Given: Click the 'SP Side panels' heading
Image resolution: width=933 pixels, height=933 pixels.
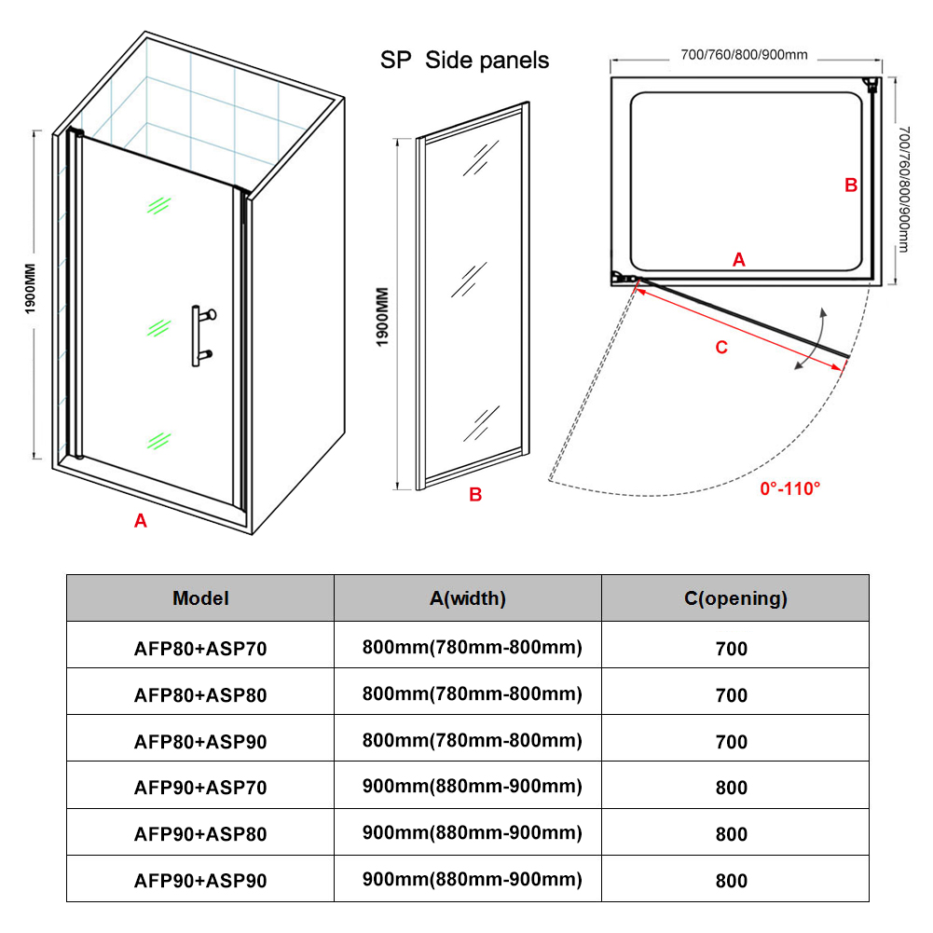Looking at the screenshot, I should click(x=464, y=61).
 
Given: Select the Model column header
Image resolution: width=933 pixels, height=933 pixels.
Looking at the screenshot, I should click(x=200, y=598).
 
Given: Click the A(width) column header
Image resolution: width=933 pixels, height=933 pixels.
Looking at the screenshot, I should click(x=467, y=598).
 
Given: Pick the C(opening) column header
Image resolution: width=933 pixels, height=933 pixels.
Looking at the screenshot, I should click(x=735, y=598).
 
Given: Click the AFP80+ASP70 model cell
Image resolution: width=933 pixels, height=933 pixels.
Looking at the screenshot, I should click(x=200, y=648).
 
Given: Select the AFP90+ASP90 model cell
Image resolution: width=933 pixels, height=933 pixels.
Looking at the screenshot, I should click(x=200, y=880).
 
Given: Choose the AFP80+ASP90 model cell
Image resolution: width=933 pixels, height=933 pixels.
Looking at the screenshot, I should click(x=200, y=741).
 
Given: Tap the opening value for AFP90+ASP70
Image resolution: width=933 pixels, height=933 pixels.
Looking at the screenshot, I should click(x=731, y=788).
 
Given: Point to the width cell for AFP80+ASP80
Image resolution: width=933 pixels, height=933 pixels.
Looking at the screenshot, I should click(x=472, y=694).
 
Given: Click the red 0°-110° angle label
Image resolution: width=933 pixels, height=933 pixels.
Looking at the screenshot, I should click(x=790, y=487).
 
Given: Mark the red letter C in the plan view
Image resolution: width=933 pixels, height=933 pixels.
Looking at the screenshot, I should click(x=720, y=348).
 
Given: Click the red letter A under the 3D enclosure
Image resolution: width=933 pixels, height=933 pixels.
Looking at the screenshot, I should click(x=141, y=521).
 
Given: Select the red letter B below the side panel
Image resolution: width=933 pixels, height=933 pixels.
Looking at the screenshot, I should click(x=474, y=495).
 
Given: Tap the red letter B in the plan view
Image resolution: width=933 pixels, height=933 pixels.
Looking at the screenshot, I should click(x=850, y=185).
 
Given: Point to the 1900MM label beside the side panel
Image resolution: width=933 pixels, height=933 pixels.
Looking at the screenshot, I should click(x=383, y=316).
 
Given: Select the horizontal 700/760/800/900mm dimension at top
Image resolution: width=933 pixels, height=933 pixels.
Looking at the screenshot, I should click(x=744, y=54).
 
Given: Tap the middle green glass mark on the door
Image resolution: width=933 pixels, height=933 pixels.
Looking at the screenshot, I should click(x=160, y=328).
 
